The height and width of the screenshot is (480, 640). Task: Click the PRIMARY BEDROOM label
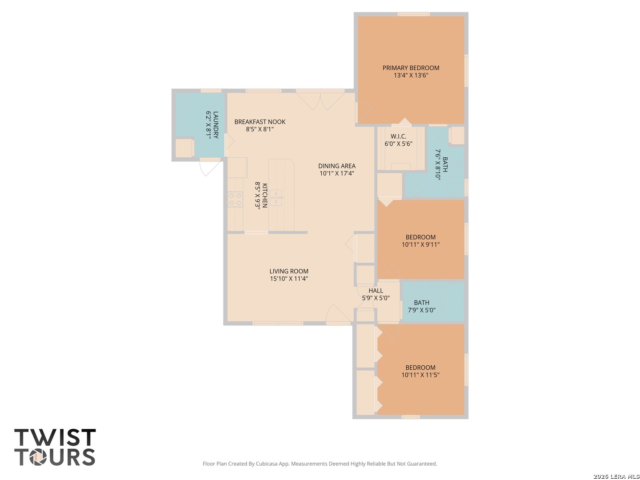point(411,68)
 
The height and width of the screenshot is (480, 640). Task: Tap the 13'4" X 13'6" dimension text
point(411,75)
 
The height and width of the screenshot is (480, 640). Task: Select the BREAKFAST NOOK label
point(260,122)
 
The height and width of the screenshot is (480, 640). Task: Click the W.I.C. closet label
point(398,136)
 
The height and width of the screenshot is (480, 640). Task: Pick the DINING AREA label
point(336,166)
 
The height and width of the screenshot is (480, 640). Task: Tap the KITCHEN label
point(264,195)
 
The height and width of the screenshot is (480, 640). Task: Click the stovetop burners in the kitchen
point(235,200)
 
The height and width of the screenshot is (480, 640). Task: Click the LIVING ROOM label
point(288,271)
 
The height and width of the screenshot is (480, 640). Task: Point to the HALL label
point(376,291)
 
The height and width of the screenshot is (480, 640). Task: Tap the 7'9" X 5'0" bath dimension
point(421,310)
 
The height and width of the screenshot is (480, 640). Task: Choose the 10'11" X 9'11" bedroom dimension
point(420,244)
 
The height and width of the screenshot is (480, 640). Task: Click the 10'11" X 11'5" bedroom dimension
point(420,375)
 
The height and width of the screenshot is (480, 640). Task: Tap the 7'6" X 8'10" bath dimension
point(437,164)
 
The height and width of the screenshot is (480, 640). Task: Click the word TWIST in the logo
point(55,437)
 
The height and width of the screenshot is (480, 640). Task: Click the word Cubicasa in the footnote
point(267,464)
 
